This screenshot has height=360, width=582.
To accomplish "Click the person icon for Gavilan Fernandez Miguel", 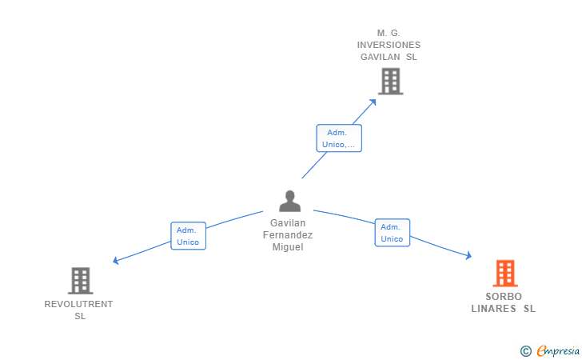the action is [x=290, y=201].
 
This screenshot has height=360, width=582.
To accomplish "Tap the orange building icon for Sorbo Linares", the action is [x=505, y=274].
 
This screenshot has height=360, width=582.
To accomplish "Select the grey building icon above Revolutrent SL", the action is [x=81, y=281].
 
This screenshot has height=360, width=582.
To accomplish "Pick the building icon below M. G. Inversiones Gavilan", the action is [x=391, y=82].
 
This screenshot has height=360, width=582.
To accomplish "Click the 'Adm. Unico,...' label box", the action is [x=339, y=138].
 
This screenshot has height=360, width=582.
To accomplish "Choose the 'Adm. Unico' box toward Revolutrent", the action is [x=188, y=236].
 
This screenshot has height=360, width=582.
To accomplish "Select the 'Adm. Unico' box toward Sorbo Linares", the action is [x=393, y=233].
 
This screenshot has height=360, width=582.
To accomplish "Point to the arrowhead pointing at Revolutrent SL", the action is [x=115, y=261].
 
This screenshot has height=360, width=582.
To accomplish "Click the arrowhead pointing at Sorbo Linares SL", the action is [x=468, y=255].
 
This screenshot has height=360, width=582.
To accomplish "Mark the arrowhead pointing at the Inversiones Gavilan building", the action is [x=373, y=102].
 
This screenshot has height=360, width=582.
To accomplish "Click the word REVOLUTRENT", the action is [x=78, y=304].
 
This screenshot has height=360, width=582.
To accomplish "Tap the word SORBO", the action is [x=504, y=297].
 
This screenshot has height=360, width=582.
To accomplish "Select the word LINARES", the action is [x=494, y=309].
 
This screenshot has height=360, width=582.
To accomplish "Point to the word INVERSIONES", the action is [x=389, y=45].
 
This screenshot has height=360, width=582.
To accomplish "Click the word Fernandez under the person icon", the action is [x=288, y=235].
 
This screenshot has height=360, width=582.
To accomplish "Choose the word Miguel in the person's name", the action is [x=288, y=247].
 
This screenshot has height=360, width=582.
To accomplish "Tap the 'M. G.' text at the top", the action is [x=389, y=33].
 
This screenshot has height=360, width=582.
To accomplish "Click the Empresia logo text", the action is [x=558, y=350].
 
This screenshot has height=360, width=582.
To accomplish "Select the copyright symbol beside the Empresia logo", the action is [x=526, y=351].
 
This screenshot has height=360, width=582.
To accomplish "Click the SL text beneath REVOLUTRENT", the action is [x=80, y=316].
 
